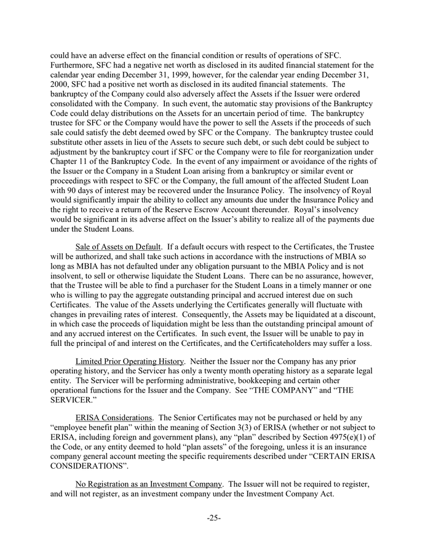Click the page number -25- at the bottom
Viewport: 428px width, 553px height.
click(x=213, y=517)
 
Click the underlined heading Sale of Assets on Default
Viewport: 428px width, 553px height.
click(x=114, y=246)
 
